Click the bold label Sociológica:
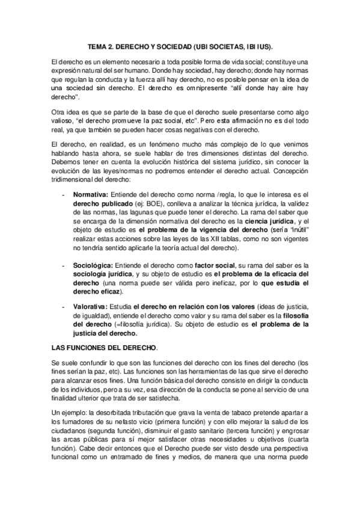94,265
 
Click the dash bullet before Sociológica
64,265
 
